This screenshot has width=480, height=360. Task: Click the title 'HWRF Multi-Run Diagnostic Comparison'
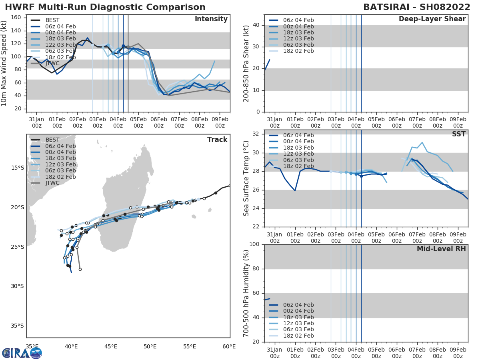(x=105, y=7)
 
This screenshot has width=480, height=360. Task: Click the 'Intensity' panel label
(x=211, y=19)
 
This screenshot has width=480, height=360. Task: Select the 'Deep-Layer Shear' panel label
(x=432, y=19)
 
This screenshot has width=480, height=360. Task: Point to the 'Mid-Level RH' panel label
(x=441, y=249)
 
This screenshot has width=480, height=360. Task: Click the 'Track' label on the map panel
(x=217, y=140)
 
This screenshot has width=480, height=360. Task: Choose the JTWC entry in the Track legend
(x=52, y=183)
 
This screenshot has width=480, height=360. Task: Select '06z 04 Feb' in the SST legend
(x=298, y=135)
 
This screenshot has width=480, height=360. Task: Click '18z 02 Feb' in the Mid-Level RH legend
(x=298, y=336)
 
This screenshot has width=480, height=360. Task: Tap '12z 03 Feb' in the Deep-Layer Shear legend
(x=298, y=39)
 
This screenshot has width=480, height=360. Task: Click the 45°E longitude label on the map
(x=110, y=346)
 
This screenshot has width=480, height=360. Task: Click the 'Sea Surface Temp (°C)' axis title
(x=246, y=178)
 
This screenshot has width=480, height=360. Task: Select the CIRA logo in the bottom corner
(x=22, y=353)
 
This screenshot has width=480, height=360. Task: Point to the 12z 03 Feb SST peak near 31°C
(x=422, y=142)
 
